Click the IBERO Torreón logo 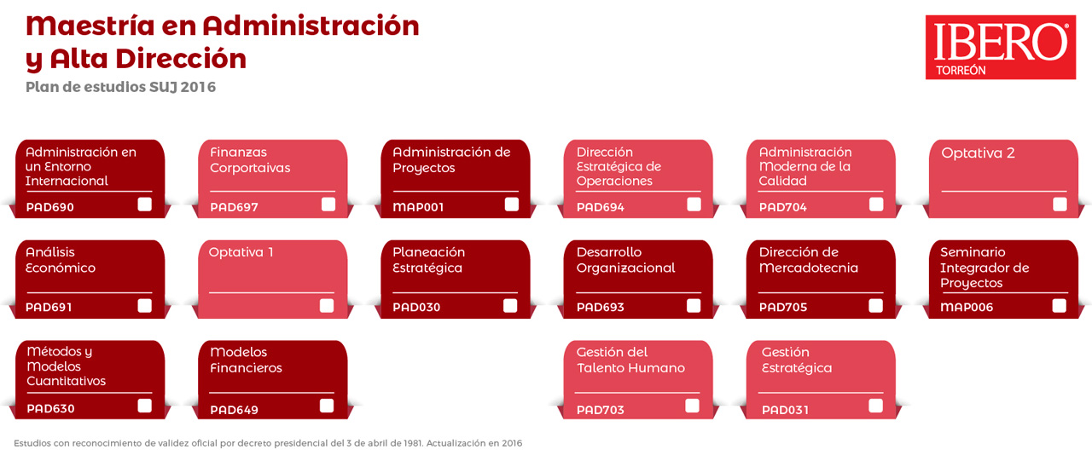tap(1001, 47)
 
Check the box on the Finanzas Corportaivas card tap(328, 205)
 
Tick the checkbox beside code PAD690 tap(144, 205)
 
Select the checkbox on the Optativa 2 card tap(1060, 205)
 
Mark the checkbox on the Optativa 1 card tap(327, 306)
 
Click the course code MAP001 tap(418, 207)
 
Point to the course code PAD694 tap(600, 207)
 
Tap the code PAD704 tap(783, 207)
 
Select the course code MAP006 tap(967, 307)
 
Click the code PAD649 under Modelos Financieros tap(234, 410)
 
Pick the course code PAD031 tap(785, 410)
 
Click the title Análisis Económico tap(61, 260)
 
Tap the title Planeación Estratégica tap(428, 260)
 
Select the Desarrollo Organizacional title tap(625, 260)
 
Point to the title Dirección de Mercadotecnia tap(808, 260)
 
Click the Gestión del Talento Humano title tap(630, 360)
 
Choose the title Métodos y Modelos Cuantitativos tap(66, 366)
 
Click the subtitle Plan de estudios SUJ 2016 tap(120, 87)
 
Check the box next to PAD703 tap(692, 406)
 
